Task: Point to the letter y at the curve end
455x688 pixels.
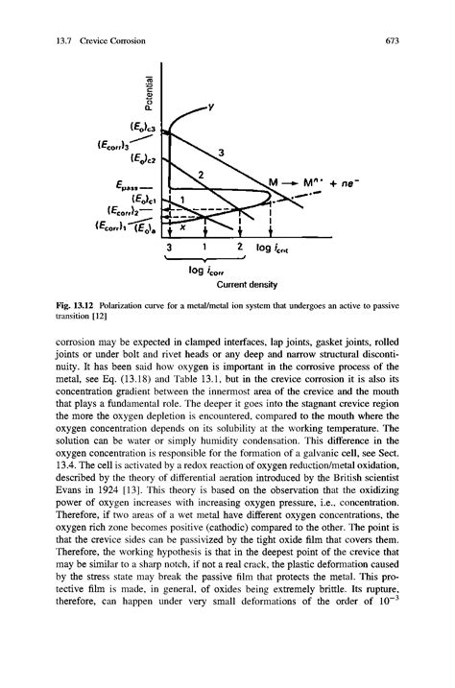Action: [x=211, y=104]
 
